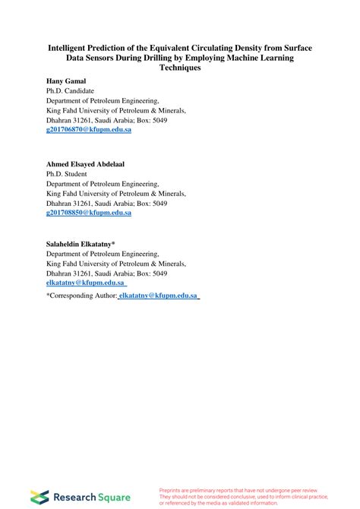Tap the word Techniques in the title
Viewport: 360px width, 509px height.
(180, 68)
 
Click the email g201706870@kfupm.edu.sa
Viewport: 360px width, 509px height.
(89, 130)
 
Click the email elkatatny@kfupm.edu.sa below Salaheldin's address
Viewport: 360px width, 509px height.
(86, 283)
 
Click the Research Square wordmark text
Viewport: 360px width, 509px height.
(85, 498)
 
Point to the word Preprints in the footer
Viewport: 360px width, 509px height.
(172, 491)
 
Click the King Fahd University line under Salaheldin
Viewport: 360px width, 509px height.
(115, 263)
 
